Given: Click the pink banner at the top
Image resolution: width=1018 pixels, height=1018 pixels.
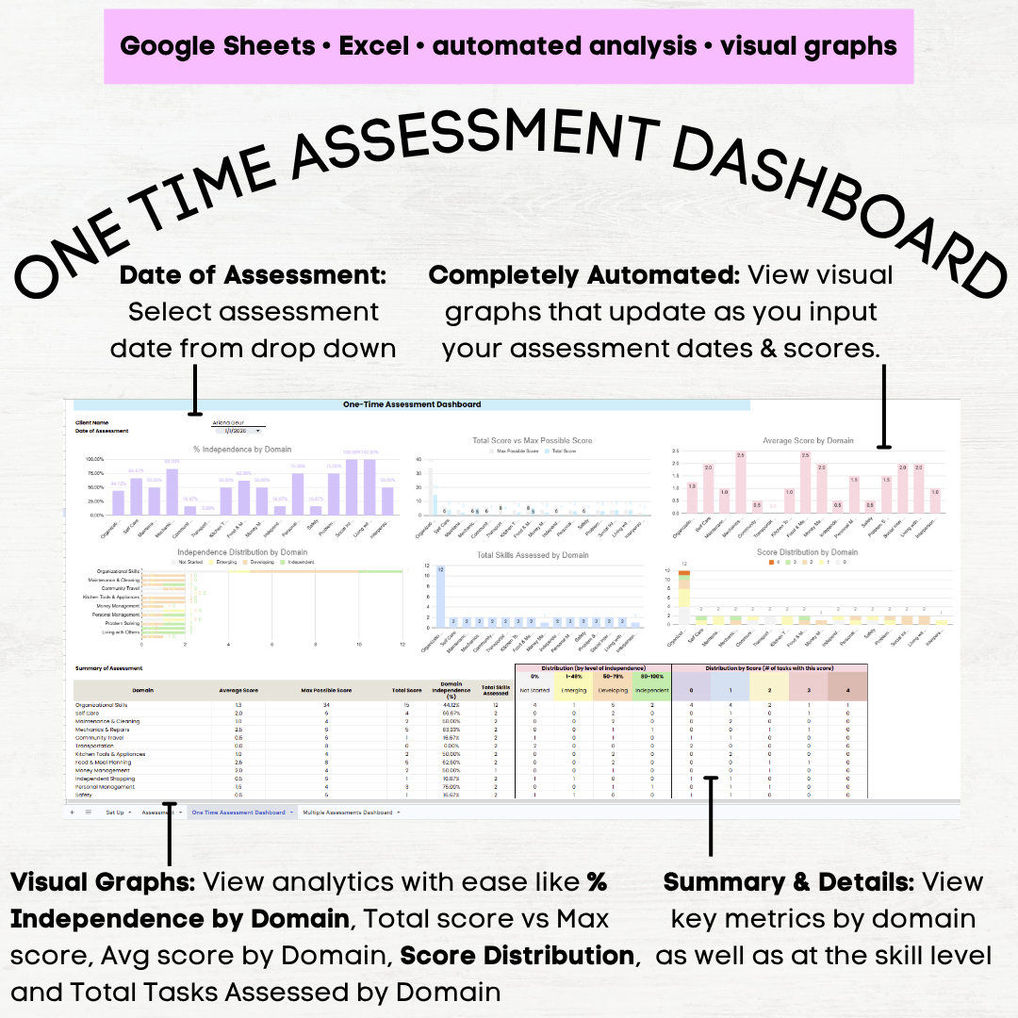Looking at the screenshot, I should pyautogui.click(x=509, y=45).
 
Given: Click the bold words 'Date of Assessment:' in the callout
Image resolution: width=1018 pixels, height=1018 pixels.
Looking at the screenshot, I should pyautogui.click(x=254, y=275).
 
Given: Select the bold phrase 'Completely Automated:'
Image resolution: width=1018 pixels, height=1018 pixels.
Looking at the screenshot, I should pyautogui.click(x=583, y=275).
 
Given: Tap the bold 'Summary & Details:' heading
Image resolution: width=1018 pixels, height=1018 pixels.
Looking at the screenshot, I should pyautogui.click(x=788, y=882).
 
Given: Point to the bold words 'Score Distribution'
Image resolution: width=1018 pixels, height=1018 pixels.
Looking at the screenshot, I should pyautogui.click(x=517, y=955).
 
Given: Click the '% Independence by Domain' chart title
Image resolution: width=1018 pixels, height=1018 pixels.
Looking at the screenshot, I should pyautogui.click(x=242, y=449).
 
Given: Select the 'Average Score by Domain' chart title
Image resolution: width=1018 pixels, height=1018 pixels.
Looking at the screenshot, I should pyautogui.click(x=808, y=440).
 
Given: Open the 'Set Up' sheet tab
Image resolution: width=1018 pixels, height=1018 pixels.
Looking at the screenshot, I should pyautogui.click(x=116, y=812).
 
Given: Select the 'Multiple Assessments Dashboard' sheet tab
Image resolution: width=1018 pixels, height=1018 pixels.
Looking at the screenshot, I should pyautogui.click(x=347, y=812).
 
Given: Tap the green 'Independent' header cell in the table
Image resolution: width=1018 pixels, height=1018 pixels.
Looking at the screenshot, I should pyautogui.click(x=652, y=691).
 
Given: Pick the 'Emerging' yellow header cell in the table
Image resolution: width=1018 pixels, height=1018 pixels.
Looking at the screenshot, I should pyautogui.click(x=573, y=691).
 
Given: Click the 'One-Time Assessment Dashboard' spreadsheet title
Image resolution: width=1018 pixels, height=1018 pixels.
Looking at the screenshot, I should pyautogui.click(x=411, y=404).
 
